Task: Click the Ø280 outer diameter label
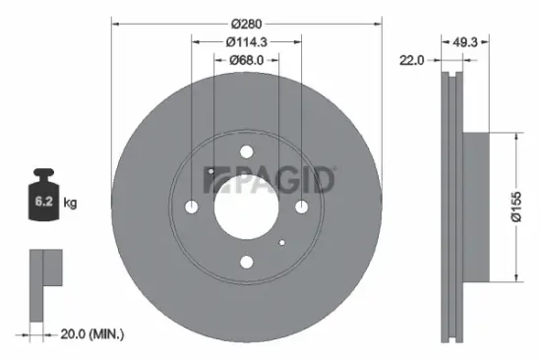[x=246, y=22]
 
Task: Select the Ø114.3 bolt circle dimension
[x=246, y=41]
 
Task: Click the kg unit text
[x=70, y=204]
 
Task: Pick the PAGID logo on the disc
[x=270, y=180]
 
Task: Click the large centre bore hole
[x=246, y=207]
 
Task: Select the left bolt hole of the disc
[x=191, y=207]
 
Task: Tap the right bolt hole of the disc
[x=301, y=207]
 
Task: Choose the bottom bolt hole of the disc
[x=246, y=262]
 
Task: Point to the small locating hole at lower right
[x=281, y=242]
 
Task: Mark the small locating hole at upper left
[x=210, y=170]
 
